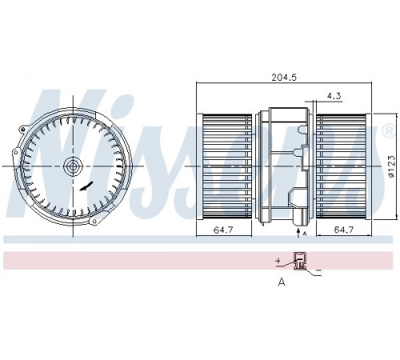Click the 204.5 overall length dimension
coord(284,78)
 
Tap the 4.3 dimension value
coord(334,96)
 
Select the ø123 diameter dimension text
coord(391,166)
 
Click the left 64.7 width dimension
coord(223,230)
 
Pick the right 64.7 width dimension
coord(344,230)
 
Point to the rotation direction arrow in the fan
coord(86,186)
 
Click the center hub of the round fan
coord(73,166)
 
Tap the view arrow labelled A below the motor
coord(298,233)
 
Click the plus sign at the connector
coord(278,260)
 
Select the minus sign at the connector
coord(318,270)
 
